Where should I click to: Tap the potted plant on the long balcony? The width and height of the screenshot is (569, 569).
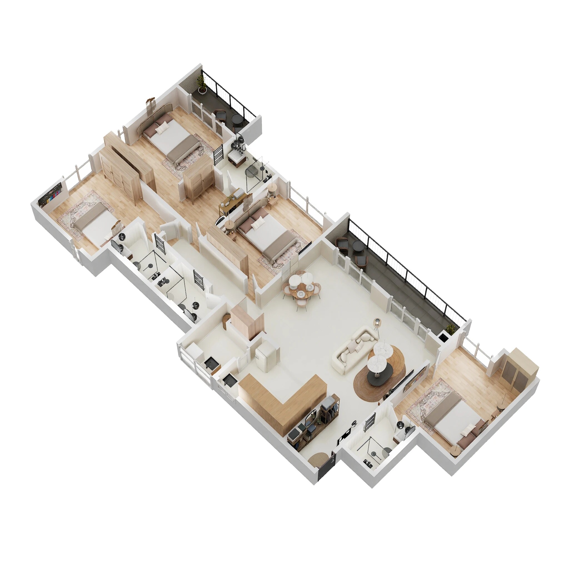click(x=450, y=329)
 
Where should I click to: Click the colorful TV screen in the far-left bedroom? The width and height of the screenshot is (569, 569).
click(x=52, y=196)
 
